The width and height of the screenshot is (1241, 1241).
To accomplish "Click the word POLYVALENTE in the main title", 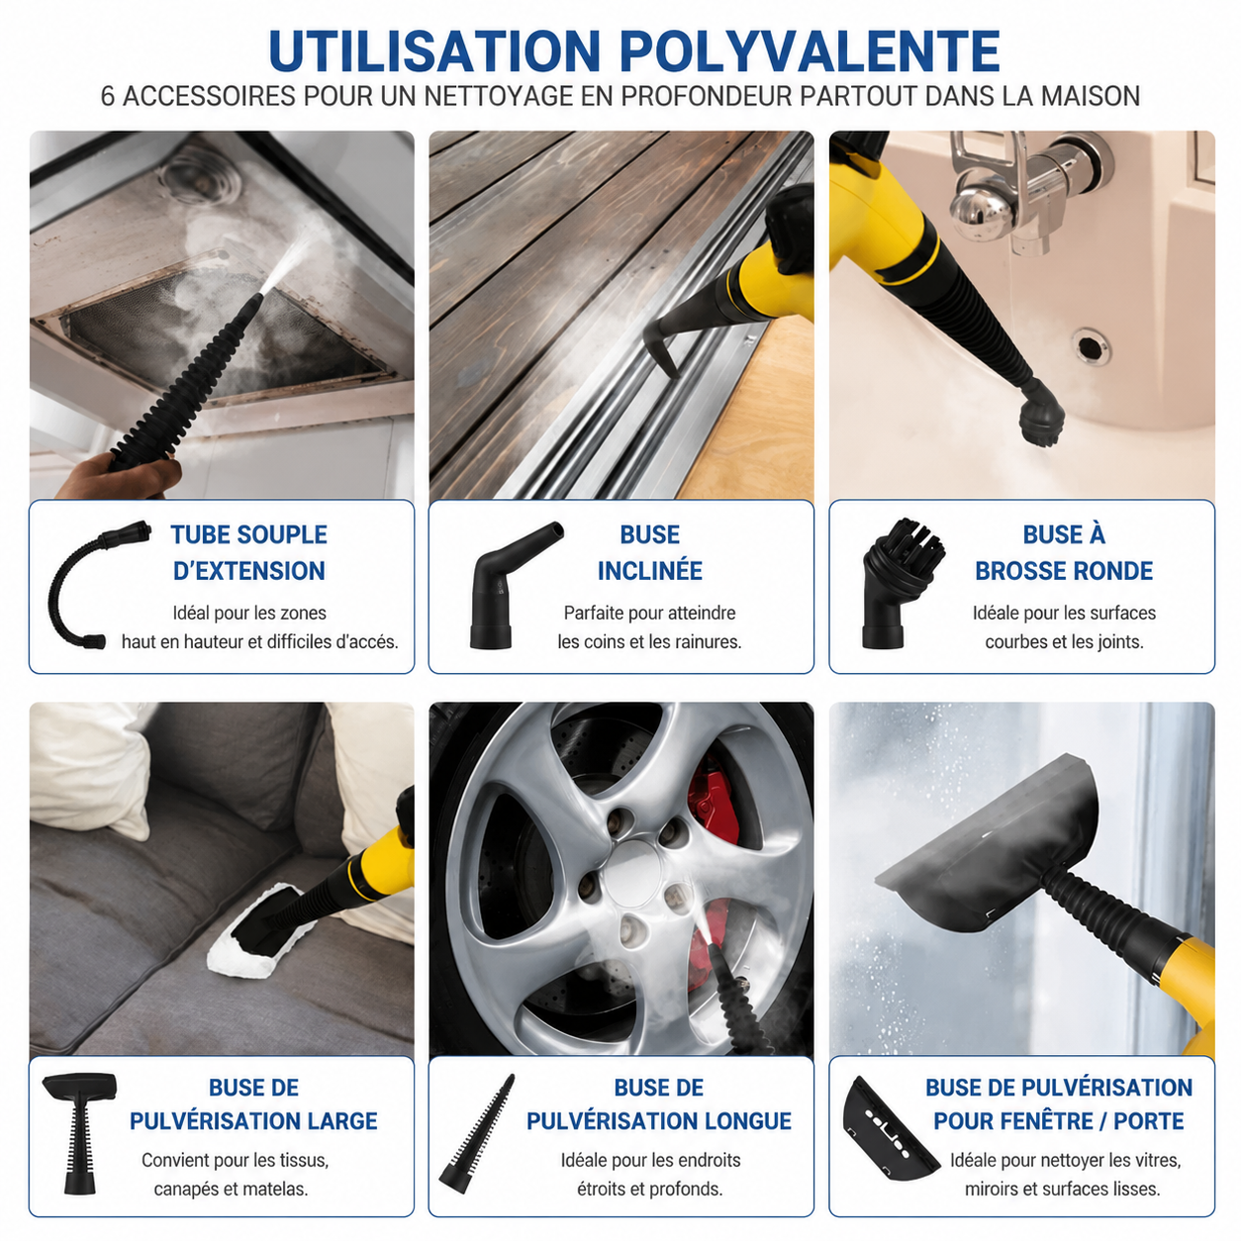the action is [x=810, y=50].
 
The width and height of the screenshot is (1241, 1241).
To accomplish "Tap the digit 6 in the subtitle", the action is [x=108, y=97].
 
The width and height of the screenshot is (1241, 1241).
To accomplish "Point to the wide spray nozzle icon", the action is [x=80, y=1133].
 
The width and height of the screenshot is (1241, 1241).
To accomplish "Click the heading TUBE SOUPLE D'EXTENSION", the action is [x=248, y=552].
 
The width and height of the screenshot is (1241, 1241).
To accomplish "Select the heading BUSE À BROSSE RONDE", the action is [x=1063, y=552].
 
